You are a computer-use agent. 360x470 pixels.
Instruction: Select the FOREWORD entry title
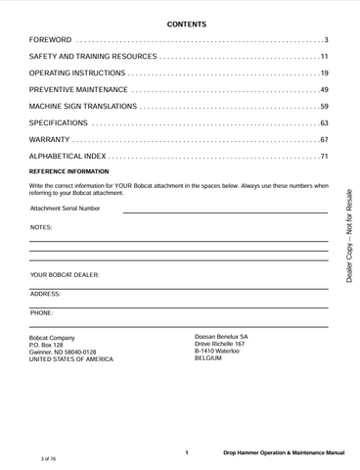click(x=50, y=40)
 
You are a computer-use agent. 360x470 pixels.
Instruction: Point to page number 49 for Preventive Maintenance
click(x=324, y=90)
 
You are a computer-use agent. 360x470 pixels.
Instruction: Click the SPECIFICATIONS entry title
click(x=59, y=123)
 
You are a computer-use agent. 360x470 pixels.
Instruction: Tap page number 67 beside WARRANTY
click(x=324, y=140)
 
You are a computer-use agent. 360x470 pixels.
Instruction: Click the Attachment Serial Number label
click(x=66, y=209)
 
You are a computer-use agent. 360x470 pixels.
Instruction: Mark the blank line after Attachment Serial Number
click(x=225, y=211)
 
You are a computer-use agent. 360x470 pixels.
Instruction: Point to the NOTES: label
click(x=41, y=227)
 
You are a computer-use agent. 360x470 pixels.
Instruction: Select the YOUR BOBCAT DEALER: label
click(x=66, y=276)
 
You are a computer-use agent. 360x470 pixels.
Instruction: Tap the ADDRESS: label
click(x=46, y=294)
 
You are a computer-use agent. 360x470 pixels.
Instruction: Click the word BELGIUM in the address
click(x=208, y=358)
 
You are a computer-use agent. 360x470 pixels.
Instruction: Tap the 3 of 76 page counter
click(x=48, y=458)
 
